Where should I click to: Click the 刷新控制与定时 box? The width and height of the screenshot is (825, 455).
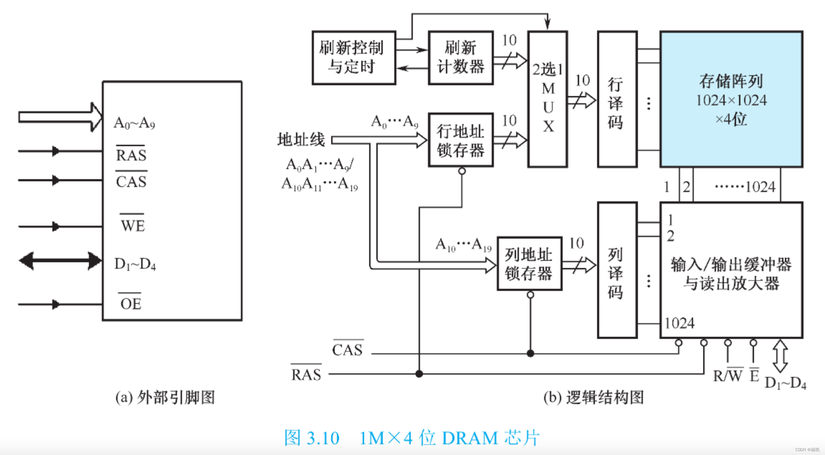pyautogui.click(x=354, y=58)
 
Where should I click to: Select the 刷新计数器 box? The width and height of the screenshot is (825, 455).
pyautogui.click(x=461, y=58)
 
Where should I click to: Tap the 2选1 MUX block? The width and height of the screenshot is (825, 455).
pyautogui.click(x=548, y=99)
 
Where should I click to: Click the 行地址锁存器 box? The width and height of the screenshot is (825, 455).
pyautogui.click(x=461, y=140)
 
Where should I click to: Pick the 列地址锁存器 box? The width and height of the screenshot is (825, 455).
pyautogui.click(x=529, y=264)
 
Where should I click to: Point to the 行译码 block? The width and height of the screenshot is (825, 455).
pyautogui.click(x=617, y=99)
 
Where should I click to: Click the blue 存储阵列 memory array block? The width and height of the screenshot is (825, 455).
pyautogui.click(x=731, y=99)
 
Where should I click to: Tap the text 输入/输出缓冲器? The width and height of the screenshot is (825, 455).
pyautogui.click(x=731, y=265)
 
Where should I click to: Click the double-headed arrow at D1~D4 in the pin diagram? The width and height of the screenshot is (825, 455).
pyautogui.click(x=60, y=261)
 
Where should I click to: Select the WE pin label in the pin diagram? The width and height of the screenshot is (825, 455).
pyautogui.click(x=133, y=225)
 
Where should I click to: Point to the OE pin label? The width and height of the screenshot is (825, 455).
pyautogui.click(x=130, y=303)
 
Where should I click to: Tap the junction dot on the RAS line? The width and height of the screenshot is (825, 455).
pyautogui.click(x=419, y=374)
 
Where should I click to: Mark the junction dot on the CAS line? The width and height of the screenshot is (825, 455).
pyautogui.click(x=530, y=354)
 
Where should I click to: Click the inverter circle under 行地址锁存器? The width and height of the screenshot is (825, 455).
pyautogui.click(x=462, y=171)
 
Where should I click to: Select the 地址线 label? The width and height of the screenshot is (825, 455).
pyautogui.click(x=301, y=139)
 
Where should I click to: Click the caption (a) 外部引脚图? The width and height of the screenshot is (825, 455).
pyautogui.click(x=165, y=397)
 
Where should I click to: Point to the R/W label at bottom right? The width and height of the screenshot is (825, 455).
pyautogui.click(x=728, y=376)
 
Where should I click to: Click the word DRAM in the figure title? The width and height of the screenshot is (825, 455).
pyautogui.click(x=470, y=438)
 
